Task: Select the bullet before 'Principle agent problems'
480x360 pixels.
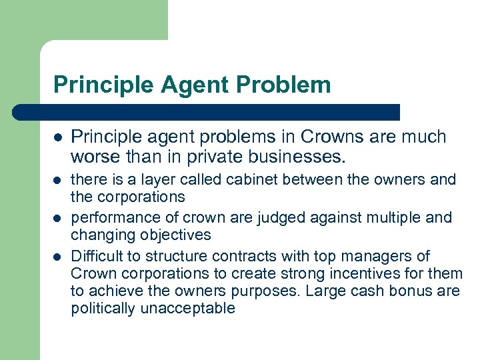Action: pos(58,137)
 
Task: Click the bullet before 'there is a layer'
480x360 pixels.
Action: pos(58,180)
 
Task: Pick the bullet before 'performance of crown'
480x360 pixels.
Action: pos(58,218)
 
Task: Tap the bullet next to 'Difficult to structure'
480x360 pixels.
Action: pos(58,257)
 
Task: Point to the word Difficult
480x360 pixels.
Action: pos(97,256)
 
